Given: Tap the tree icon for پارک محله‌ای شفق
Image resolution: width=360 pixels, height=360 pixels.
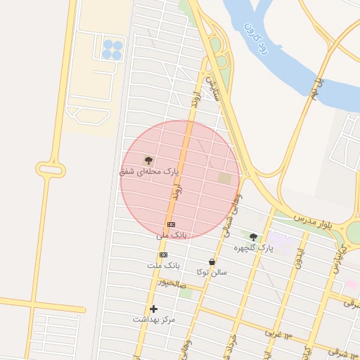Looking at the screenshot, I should pyautogui.click(x=148, y=161).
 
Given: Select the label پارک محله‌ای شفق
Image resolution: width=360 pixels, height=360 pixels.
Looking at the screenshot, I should pyautogui.click(x=150, y=171).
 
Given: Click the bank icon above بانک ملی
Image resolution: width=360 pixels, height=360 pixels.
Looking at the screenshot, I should pyautogui.click(x=171, y=224).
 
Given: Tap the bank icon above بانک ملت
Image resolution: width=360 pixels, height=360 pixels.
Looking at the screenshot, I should pyautogui.click(x=164, y=255).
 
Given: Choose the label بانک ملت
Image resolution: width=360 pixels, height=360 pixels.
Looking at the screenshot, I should pyautogui.click(x=163, y=265).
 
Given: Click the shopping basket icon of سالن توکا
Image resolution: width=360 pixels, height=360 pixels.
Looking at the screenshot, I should pyautogui.click(x=212, y=262).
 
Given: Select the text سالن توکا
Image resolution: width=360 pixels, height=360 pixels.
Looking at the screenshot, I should pyautogui.click(x=212, y=271).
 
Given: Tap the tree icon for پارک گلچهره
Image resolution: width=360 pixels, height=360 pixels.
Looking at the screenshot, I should pyautogui.click(x=254, y=237).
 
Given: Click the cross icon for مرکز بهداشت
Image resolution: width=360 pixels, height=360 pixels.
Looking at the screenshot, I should pyautogui.click(x=154, y=309).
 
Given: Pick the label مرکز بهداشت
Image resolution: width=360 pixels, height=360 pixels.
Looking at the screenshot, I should pyautogui.click(x=154, y=319).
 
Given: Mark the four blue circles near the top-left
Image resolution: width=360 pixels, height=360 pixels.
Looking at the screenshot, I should pyautogui.click(x=112, y=49).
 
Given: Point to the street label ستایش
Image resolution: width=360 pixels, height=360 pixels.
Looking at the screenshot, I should pyautogui.click(x=213, y=87).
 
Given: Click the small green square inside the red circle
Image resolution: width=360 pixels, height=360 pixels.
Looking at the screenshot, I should pyautogui.click(x=225, y=179).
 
